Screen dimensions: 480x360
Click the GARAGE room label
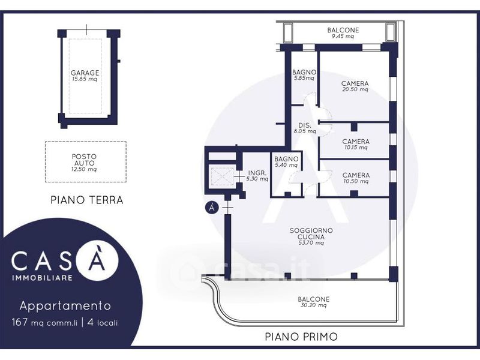pyautogui.click(x=85, y=73)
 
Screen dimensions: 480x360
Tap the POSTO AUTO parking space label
pyautogui.click(x=84, y=160)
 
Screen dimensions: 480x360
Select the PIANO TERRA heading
pyautogui.click(x=87, y=200)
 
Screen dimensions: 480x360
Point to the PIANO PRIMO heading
pyautogui.click(x=301, y=337)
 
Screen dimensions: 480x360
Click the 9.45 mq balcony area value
pyautogui.click(x=343, y=36)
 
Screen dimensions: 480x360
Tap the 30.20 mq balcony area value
pyautogui.click(x=313, y=305)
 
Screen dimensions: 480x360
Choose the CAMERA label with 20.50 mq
pyautogui.click(x=355, y=83)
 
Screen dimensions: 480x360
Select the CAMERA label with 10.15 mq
pyautogui.click(x=356, y=142)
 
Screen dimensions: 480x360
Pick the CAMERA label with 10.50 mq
pyautogui.click(x=356, y=175)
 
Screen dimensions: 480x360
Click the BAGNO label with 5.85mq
pyautogui.click(x=304, y=72)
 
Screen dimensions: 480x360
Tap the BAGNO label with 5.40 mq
pyautogui.click(x=286, y=159)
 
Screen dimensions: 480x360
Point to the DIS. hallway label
pyautogui.click(x=305, y=125)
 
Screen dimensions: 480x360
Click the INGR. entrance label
pyautogui.click(x=257, y=173)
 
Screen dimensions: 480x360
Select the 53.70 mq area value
pyautogui.click(x=311, y=243)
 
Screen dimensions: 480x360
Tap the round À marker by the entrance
pyautogui.click(x=212, y=208)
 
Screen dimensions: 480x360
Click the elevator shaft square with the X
pyautogui.click(x=223, y=176)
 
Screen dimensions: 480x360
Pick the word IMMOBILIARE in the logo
pyautogui.click(x=42, y=278)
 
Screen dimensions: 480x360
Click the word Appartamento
pyautogui.click(x=65, y=306)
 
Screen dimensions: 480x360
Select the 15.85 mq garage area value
pyautogui.click(x=85, y=79)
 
